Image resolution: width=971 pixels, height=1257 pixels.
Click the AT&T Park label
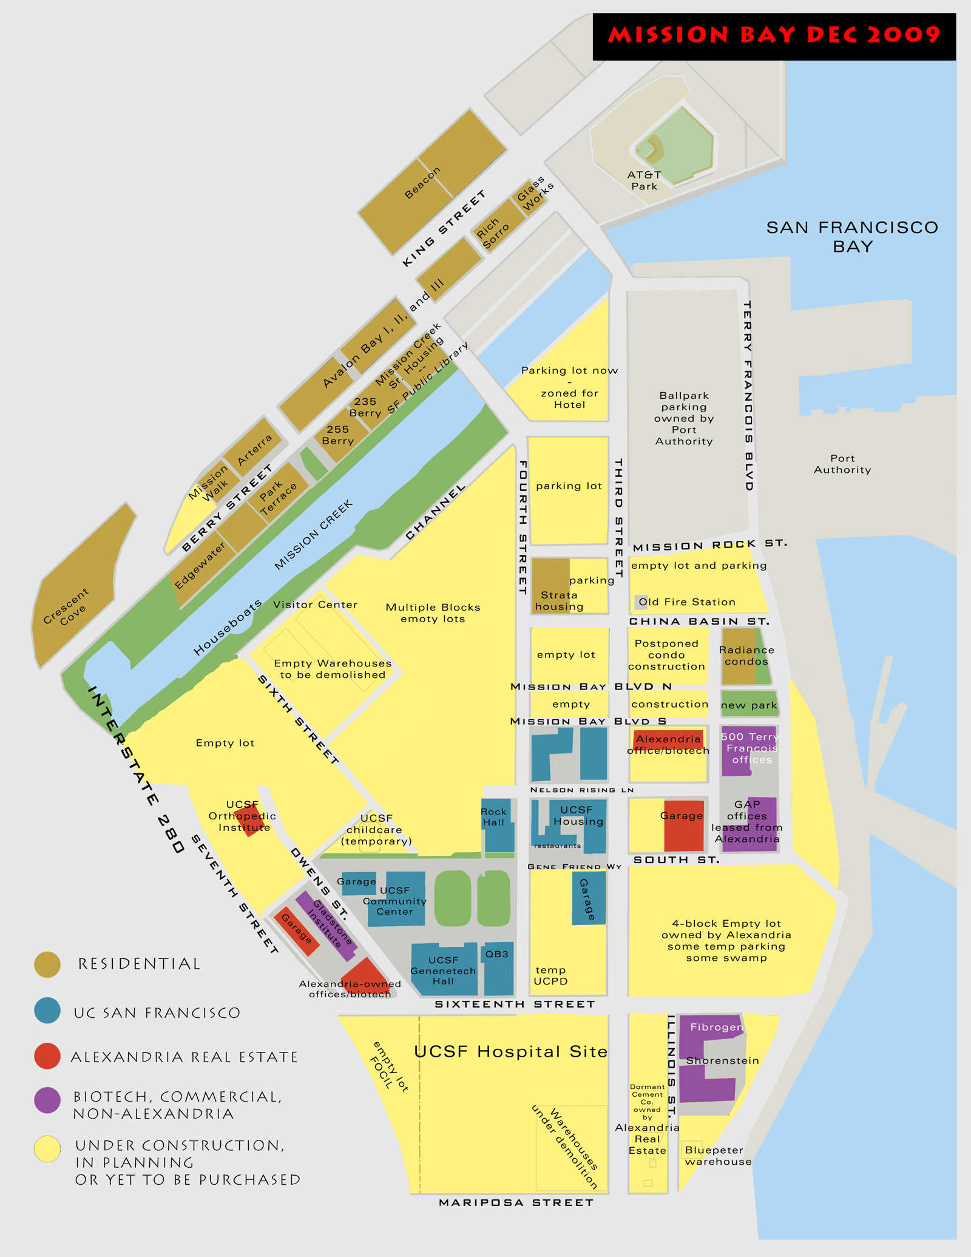pos(644,180)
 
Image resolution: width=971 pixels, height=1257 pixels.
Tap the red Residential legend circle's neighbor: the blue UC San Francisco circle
pos(47,1011)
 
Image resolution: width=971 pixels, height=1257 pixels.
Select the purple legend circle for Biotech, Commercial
pos(47,1100)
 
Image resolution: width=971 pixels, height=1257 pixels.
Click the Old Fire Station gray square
pos(641,602)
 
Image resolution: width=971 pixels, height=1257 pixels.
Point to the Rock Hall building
pos(498,825)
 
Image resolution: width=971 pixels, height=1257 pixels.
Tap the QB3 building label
pos(497,955)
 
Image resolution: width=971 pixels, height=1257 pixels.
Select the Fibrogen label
pos(716,1027)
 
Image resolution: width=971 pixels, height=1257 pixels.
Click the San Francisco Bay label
pos(852,237)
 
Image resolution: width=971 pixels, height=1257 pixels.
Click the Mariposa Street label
pos(516,1202)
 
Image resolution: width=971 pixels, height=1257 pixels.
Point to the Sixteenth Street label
pos(515,1004)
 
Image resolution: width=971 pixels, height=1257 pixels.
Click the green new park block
pos(749,705)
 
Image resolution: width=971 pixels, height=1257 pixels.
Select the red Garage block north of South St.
pos(683,825)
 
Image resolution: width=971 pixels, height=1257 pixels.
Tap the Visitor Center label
pos(315,605)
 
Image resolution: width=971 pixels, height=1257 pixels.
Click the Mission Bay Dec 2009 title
pos(774,35)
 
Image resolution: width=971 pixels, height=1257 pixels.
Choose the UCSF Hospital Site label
pos(510,1051)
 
